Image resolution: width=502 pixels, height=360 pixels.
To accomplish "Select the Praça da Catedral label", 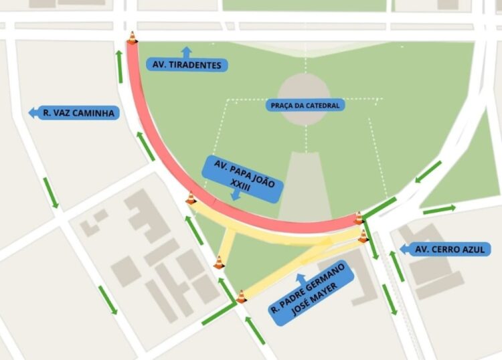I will pos(305,105).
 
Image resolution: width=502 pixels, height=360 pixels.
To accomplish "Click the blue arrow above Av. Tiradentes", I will pos(186,51).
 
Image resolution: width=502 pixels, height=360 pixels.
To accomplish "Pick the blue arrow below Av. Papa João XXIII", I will pos(235,196).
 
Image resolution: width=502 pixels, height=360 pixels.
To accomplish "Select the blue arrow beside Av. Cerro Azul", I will pos(404,250).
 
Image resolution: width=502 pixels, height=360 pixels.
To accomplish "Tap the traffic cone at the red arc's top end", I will pos(133,37).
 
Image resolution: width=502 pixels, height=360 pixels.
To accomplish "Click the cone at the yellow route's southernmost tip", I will pos(241,296).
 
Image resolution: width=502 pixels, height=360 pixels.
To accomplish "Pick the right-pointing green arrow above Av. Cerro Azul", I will pos(438,209).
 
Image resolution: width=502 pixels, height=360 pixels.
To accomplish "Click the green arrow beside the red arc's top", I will pos(120,67).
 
